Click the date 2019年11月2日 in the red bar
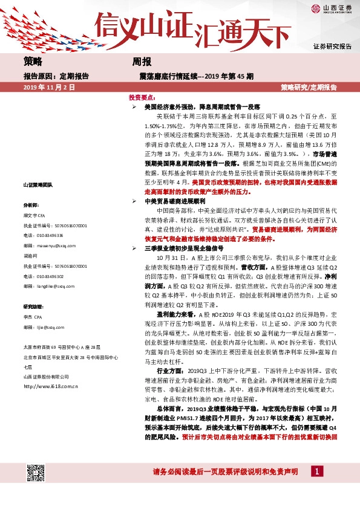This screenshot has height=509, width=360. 49,88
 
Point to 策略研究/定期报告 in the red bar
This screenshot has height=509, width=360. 309,88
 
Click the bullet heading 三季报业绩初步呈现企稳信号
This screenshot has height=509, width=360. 183,248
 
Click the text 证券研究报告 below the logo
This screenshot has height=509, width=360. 332,46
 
